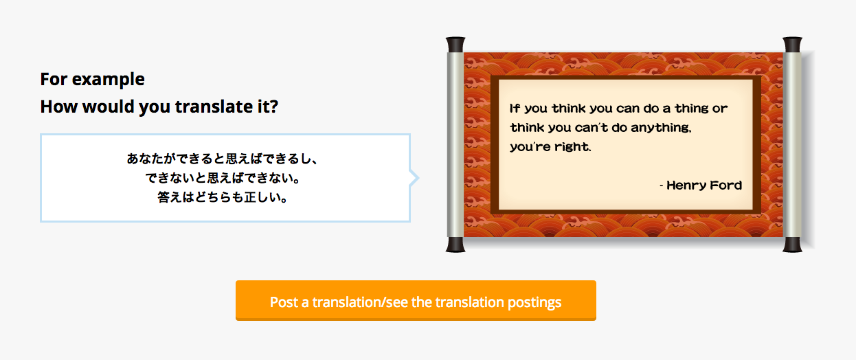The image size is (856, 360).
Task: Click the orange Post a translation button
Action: coord(416,300)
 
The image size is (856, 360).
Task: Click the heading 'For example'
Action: coord(93,80)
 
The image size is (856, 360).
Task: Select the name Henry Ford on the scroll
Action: coord(704,185)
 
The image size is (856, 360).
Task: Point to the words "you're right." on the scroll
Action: coord(550,147)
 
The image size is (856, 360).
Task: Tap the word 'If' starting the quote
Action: coord(515,108)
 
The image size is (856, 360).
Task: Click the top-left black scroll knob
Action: coord(455,45)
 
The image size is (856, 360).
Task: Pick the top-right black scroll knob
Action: coord(792,45)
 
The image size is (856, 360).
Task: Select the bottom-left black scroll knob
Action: coord(455,245)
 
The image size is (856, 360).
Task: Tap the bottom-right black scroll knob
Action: coord(792,245)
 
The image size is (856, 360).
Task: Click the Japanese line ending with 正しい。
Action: coord(222,197)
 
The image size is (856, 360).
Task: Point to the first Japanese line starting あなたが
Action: coord(222,159)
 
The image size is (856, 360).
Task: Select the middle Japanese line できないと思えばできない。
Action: coord(222,178)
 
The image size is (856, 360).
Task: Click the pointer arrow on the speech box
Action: coord(414,178)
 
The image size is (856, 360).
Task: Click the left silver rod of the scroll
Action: coord(455,144)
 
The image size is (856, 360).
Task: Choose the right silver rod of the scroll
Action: coord(792,144)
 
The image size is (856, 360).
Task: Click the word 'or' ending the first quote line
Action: coord(719,109)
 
